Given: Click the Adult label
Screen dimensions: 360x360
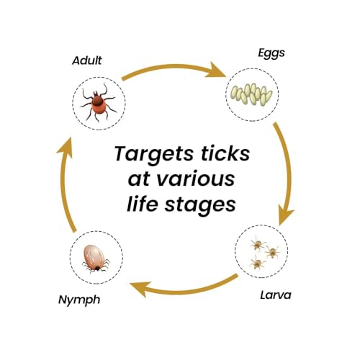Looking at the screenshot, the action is point(87,60).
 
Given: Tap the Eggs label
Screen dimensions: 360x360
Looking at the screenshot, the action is point(271,53).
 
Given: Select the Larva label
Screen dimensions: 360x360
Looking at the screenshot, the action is point(276,294).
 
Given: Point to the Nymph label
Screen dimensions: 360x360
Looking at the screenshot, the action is point(79,300).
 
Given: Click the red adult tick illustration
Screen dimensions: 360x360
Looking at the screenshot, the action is point(99,102).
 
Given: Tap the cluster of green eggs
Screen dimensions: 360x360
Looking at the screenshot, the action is point(251,94).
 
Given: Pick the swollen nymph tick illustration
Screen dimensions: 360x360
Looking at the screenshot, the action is point(95,258).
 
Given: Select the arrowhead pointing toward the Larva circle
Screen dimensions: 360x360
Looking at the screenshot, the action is point(286,215).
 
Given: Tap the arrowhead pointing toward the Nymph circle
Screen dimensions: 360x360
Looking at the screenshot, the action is point(139,289).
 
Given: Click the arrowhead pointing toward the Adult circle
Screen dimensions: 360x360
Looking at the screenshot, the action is point(65,148).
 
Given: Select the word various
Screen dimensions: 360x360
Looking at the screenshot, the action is point(196,179).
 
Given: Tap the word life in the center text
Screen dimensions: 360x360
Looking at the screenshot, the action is point(143,204).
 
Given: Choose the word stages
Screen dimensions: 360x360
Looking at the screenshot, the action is point(200,206).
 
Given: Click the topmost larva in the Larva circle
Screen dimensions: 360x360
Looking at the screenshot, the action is point(257,244).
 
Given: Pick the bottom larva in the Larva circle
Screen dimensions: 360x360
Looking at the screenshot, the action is point(257,263).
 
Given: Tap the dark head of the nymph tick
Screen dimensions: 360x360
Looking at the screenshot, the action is point(97,268).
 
